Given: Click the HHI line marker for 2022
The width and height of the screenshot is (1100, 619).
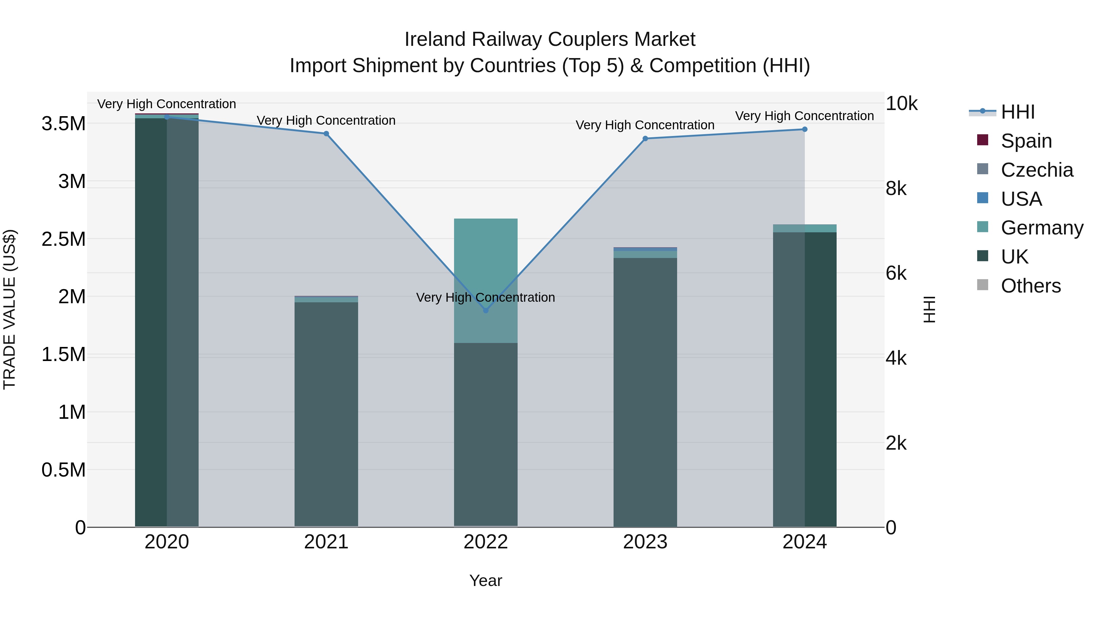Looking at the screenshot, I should tap(486, 310).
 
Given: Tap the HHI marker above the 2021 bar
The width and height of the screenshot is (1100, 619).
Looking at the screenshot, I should tap(326, 134).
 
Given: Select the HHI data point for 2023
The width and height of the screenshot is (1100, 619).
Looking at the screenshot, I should tap(645, 138).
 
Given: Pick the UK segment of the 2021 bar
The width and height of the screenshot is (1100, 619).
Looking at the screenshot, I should tap(326, 415).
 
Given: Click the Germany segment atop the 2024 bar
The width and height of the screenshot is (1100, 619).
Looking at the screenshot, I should tap(805, 228).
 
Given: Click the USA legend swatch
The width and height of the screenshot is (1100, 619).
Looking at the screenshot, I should tap(983, 198).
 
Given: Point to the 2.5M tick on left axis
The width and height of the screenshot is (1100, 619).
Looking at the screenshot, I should tap(63, 239).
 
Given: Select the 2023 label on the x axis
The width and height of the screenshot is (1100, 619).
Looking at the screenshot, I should tap(645, 542).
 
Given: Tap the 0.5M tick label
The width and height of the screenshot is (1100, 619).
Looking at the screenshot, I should tap(63, 470).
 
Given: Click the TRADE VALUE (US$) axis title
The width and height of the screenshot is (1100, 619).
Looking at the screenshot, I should tap(9, 309).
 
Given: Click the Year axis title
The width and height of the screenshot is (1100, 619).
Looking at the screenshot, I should tap(486, 580).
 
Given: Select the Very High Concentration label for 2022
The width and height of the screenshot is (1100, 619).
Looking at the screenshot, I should tap(486, 297).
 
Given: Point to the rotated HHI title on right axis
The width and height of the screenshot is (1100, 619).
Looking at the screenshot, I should tap(929, 309).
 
